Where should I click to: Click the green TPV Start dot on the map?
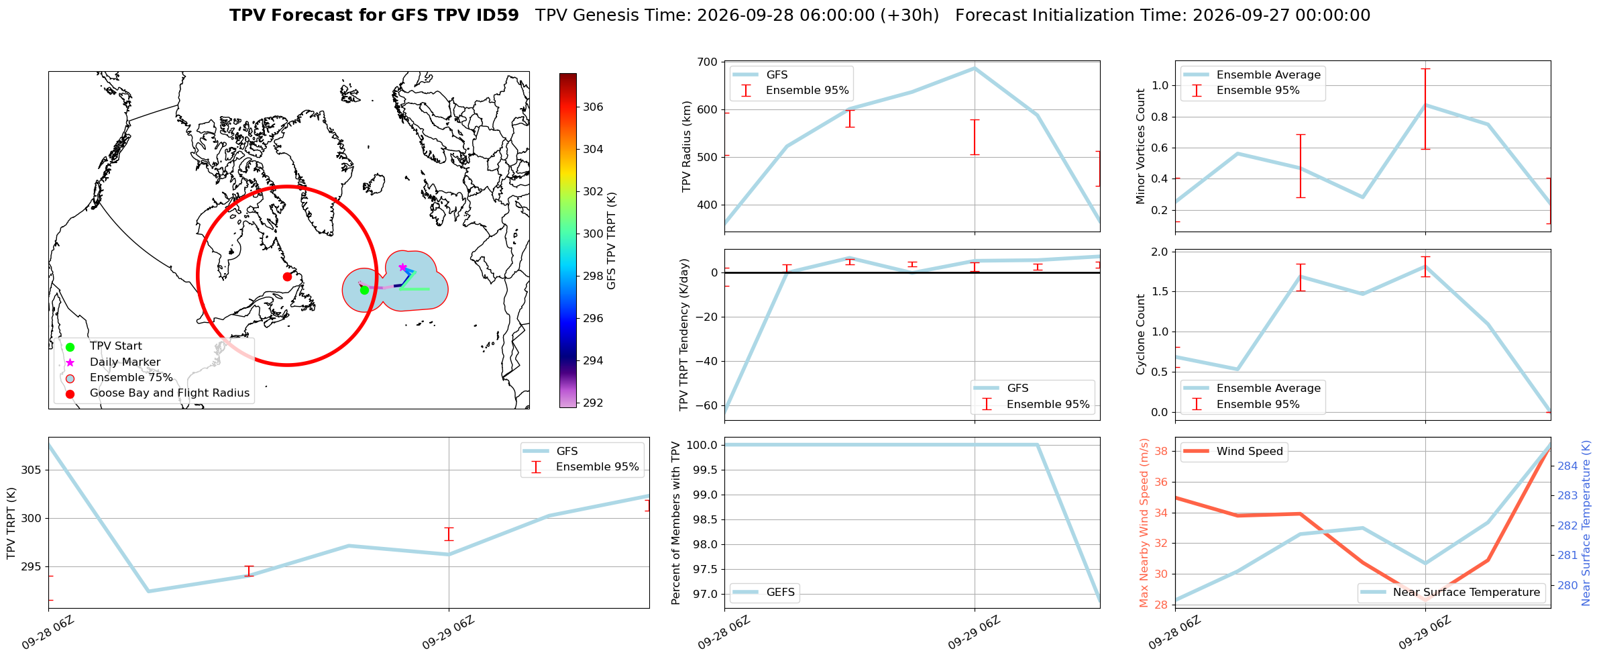[364, 290]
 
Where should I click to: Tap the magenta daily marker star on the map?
[402, 267]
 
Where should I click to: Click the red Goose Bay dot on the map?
[287, 276]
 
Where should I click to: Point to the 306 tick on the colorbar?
[593, 107]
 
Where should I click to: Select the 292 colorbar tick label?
[593, 403]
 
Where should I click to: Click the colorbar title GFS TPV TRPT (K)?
[611, 241]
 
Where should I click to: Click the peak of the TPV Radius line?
[975, 68]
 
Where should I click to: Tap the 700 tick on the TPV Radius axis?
[708, 62]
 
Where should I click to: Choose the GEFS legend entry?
[765, 592]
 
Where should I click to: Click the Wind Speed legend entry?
[1233, 451]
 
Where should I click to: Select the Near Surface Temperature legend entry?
[1453, 592]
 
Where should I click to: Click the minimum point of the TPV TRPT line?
[148, 591]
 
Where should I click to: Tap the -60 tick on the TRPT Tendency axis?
[706, 405]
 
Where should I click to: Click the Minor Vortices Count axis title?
[1141, 146]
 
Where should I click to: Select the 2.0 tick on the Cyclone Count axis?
[1160, 252]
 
